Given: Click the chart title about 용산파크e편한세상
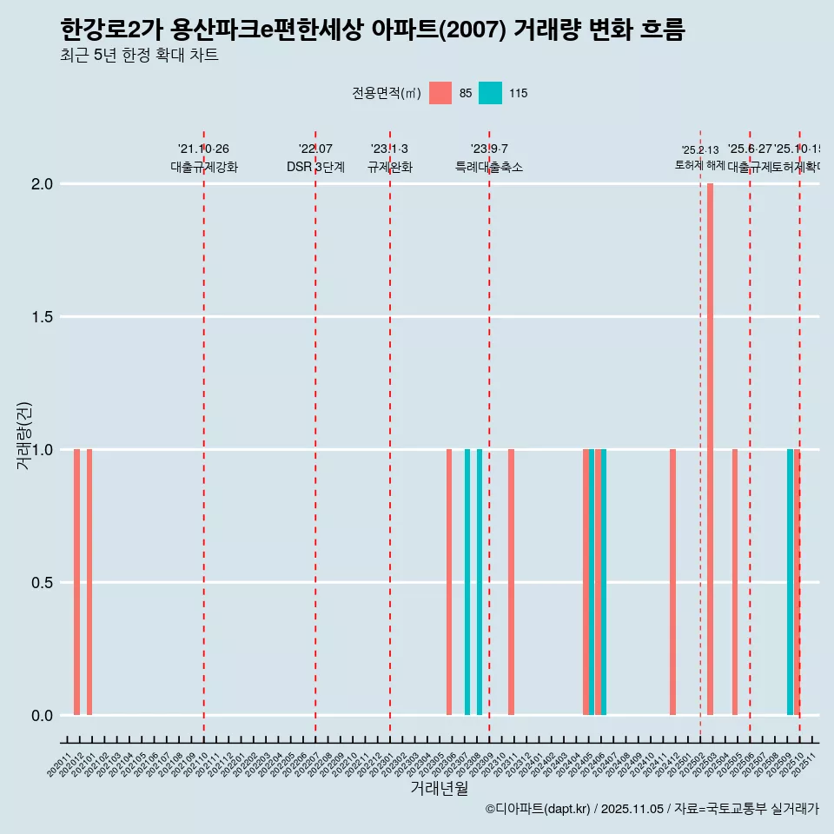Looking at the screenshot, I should [x=373, y=30].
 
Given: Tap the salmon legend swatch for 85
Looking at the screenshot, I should [x=440, y=93].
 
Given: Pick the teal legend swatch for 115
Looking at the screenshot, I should [x=490, y=93].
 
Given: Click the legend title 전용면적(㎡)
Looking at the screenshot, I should [x=386, y=93].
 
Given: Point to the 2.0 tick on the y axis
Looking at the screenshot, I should [x=43, y=184].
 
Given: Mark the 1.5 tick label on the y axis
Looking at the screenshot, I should [x=43, y=317].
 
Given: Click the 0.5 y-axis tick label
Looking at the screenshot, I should [x=43, y=583].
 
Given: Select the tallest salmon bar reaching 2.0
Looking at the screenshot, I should [x=710, y=449].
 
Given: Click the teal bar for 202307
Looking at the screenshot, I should [x=467, y=582].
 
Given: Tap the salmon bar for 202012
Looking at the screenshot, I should [x=76, y=582].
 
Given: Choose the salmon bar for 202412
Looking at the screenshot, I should [x=672, y=582].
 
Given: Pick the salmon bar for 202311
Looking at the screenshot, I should [x=511, y=582].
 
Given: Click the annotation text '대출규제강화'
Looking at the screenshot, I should [x=203, y=167].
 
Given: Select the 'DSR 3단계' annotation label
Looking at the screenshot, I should [x=315, y=167].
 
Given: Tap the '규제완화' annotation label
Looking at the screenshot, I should [x=389, y=167].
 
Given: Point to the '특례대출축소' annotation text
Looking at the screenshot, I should [x=489, y=167].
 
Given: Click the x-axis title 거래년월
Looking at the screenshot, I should [x=439, y=788].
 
